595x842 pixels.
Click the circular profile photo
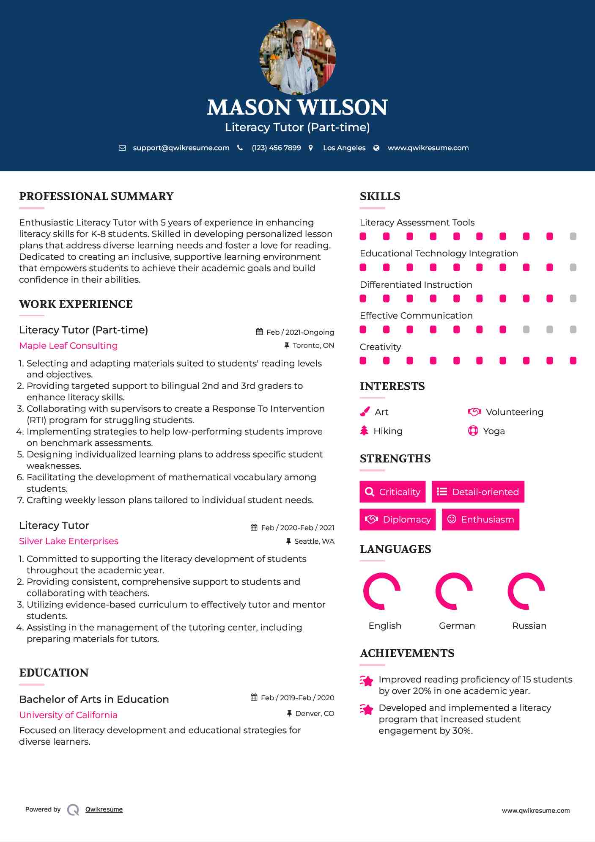[x=297, y=56]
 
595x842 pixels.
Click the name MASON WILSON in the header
[x=297, y=107]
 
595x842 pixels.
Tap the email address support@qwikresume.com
[x=181, y=148]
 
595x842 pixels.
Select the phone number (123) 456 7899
[x=276, y=148]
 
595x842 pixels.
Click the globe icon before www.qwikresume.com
[x=376, y=148]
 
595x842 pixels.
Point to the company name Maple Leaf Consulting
[x=69, y=346]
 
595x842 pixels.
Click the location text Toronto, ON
[x=313, y=346]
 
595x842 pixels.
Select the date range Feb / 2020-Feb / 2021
[x=297, y=528]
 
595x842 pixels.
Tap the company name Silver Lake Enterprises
[x=69, y=541]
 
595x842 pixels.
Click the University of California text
[x=68, y=715]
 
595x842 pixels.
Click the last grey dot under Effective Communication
[x=573, y=330]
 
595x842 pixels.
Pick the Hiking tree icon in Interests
[x=364, y=431]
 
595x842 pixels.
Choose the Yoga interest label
[x=494, y=431]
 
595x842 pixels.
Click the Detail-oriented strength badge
[x=478, y=492]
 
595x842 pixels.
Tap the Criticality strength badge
[x=392, y=492]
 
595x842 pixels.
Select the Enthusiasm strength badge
[x=480, y=520]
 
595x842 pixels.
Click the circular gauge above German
[x=454, y=591]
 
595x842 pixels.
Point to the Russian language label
[x=529, y=626]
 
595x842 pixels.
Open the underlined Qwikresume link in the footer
[x=104, y=809]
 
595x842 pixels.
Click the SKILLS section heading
[x=380, y=196]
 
